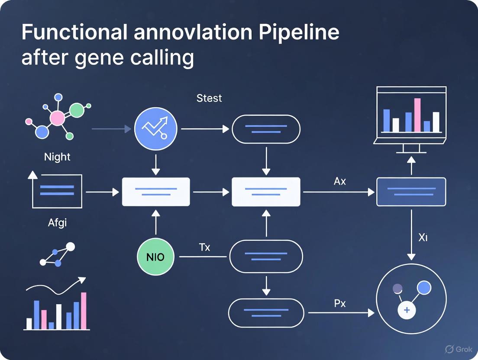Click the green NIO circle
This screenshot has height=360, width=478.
(x=155, y=257)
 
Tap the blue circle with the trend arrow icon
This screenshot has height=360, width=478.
(x=156, y=129)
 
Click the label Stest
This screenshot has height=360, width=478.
(x=209, y=98)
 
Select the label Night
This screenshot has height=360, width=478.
(x=57, y=157)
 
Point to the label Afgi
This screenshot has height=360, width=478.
(x=57, y=223)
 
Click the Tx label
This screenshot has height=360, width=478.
(x=204, y=247)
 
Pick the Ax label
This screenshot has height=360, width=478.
(x=340, y=181)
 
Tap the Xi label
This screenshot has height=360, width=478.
(x=423, y=237)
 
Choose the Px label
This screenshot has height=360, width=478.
(x=340, y=303)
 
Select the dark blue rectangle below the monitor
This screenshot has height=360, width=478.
(x=411, y=192)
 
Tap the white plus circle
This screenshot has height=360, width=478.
(x=407, y=310)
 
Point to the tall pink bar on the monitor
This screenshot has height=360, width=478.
(x=417, y=115)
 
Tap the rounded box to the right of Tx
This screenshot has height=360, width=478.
(x=266, y=257)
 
